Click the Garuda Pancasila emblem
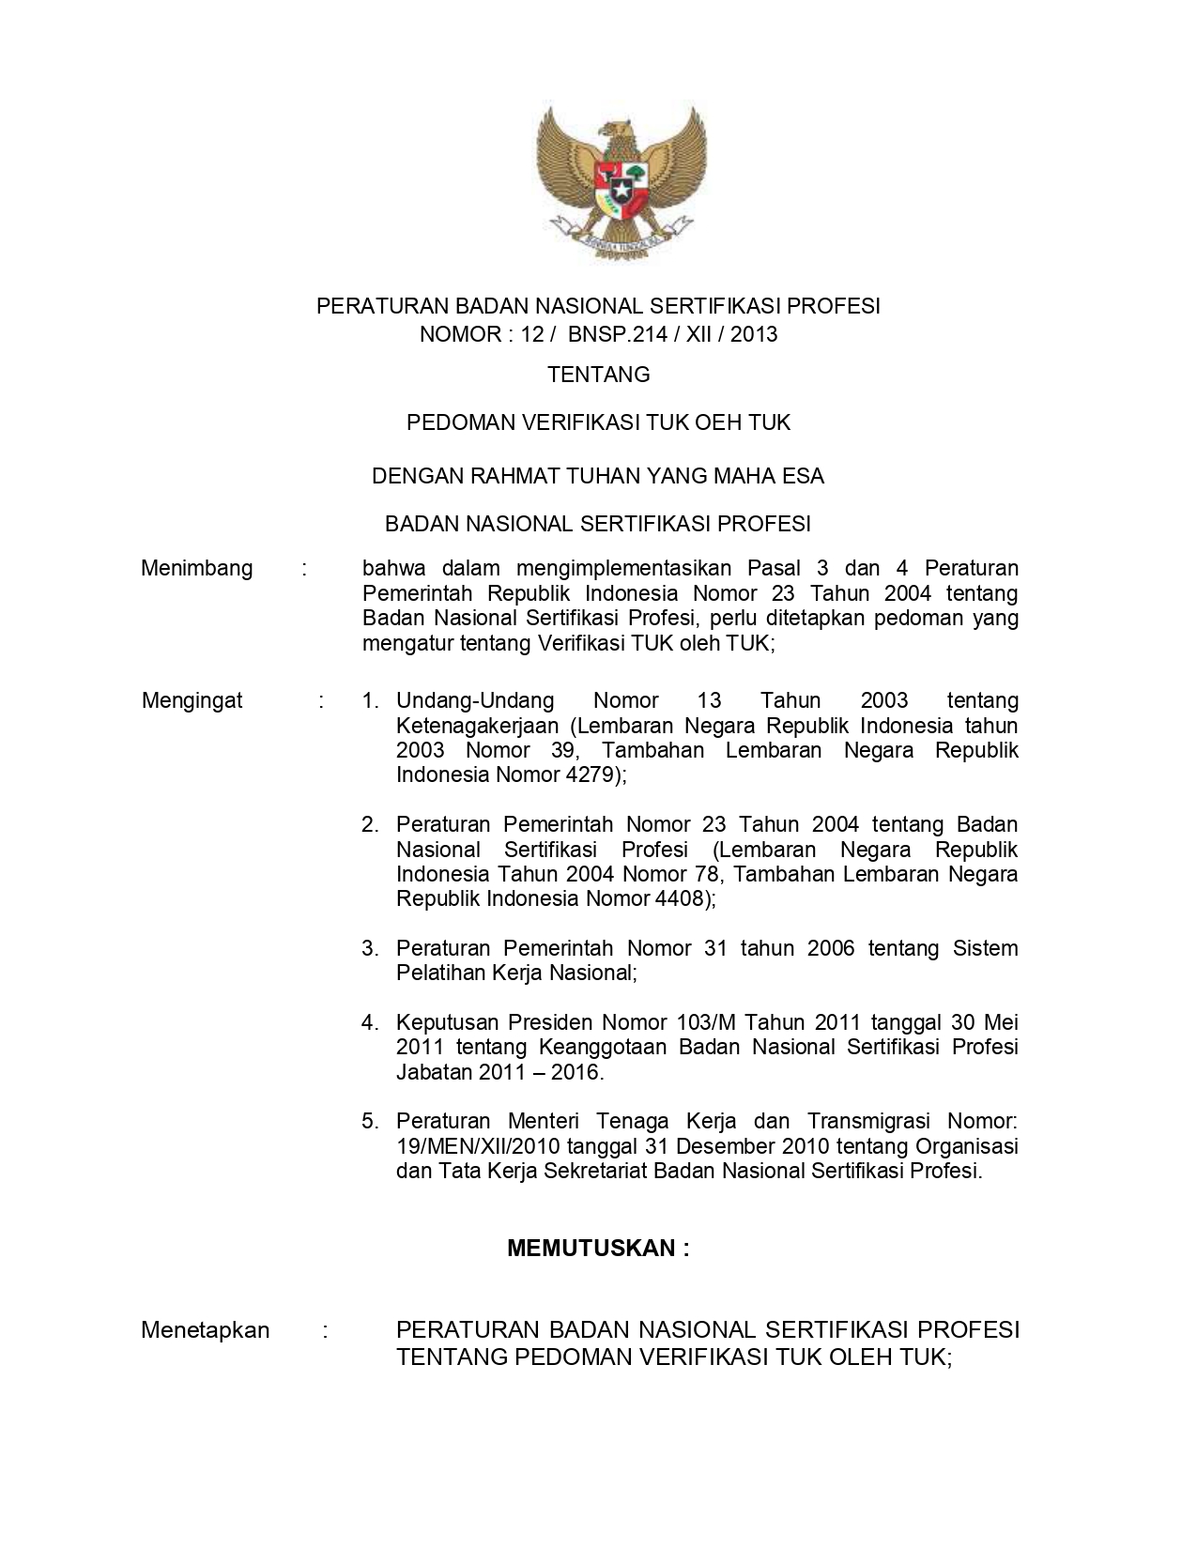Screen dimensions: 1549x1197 point(621,179)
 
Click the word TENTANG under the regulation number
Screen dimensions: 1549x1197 point(598,375)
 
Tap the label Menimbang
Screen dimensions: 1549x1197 point(196,569)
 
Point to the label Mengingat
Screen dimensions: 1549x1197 point(192,700)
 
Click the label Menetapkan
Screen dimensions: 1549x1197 point(205,1330)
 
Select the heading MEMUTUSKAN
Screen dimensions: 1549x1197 point(597,1248)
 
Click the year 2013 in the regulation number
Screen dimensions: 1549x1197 point(754,334)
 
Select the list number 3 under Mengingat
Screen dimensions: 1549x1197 point(369,948)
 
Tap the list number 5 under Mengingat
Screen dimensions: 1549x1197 point(369,1121)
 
